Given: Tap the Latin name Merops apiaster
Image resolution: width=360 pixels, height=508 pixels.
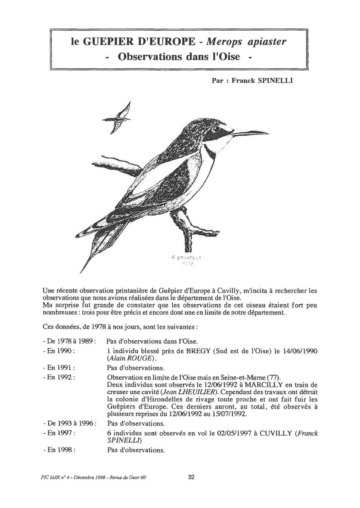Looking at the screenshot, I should coord(247,43).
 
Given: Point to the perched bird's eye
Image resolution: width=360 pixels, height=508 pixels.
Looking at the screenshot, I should coord(219,129).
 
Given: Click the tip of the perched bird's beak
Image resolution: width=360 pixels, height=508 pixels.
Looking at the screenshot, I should coord(269,132).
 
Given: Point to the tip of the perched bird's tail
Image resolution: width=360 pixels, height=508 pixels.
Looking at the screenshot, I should coord(81,272).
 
